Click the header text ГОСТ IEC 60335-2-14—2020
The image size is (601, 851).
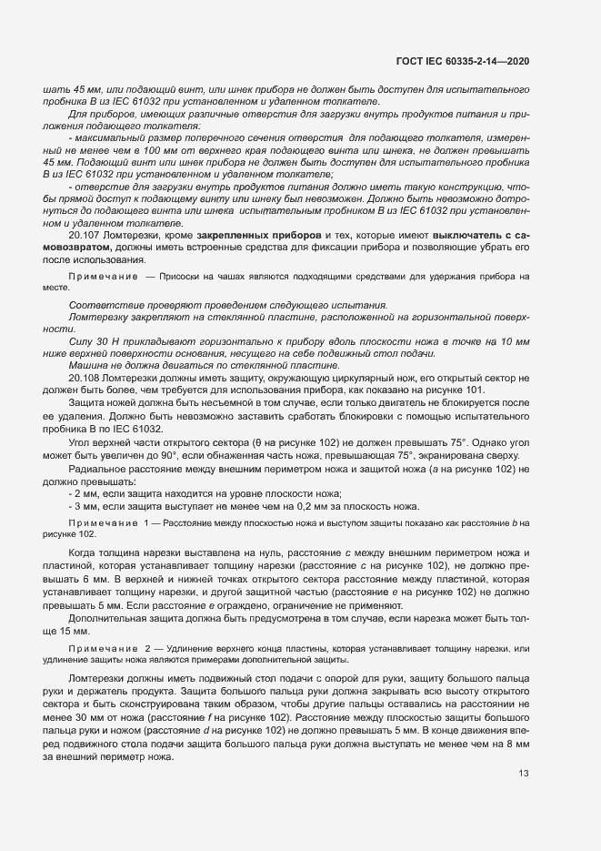463,61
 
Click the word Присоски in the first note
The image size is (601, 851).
185,275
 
